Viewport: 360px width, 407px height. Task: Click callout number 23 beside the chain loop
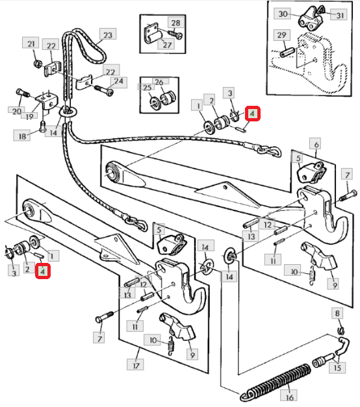tap(108, 35)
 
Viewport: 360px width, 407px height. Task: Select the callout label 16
tap(289, 397)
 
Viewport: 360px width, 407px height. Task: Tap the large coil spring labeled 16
tap(276, 382)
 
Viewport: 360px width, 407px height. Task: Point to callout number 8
tap(337, 314)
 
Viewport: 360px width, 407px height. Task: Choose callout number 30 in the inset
tap(283, 14)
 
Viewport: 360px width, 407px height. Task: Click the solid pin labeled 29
tap(287, 53)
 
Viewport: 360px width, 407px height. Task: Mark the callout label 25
tap(147, 88)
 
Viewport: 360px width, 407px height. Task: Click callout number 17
tap(136, 365)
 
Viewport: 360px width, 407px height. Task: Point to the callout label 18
tap(22, 136)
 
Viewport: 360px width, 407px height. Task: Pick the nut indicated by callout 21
tap(38, 64)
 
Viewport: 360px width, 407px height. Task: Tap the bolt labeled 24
tap(104, 90)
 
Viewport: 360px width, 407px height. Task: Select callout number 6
tap(316, 144)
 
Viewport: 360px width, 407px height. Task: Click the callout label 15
tap(337, 367)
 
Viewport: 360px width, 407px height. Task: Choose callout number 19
tap(29, 116)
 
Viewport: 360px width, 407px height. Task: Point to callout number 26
tap(159, 82)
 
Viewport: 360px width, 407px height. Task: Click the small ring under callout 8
tap(341, 330)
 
